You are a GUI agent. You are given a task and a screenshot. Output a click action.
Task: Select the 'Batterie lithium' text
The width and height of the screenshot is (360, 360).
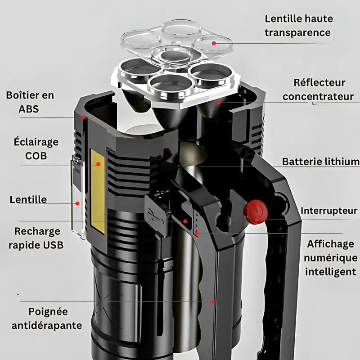coord(320,162)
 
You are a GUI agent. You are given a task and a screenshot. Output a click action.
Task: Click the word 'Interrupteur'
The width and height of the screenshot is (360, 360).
coord(329,211)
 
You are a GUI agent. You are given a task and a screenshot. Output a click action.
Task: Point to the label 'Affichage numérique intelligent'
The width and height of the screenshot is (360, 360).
coord(331,257)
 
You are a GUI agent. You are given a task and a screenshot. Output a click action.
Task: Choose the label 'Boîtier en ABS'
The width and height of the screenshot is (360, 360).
coord(30,102)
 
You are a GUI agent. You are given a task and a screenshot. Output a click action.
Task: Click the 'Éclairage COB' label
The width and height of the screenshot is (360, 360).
coord(36,149)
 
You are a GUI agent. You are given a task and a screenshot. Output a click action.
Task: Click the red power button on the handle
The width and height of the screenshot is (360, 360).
coord(255,211)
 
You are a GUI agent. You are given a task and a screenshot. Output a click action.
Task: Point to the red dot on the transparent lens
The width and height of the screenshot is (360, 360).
coord(214,43)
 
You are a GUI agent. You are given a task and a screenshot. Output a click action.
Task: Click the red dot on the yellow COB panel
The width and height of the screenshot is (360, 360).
coord(98,165)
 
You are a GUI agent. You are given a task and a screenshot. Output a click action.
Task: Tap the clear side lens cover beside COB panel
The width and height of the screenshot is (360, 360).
coord(77,198)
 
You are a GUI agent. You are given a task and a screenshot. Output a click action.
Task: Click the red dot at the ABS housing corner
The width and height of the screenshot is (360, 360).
coord(84,117)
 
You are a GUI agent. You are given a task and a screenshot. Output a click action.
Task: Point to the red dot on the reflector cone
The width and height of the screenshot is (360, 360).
coord(219,102)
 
